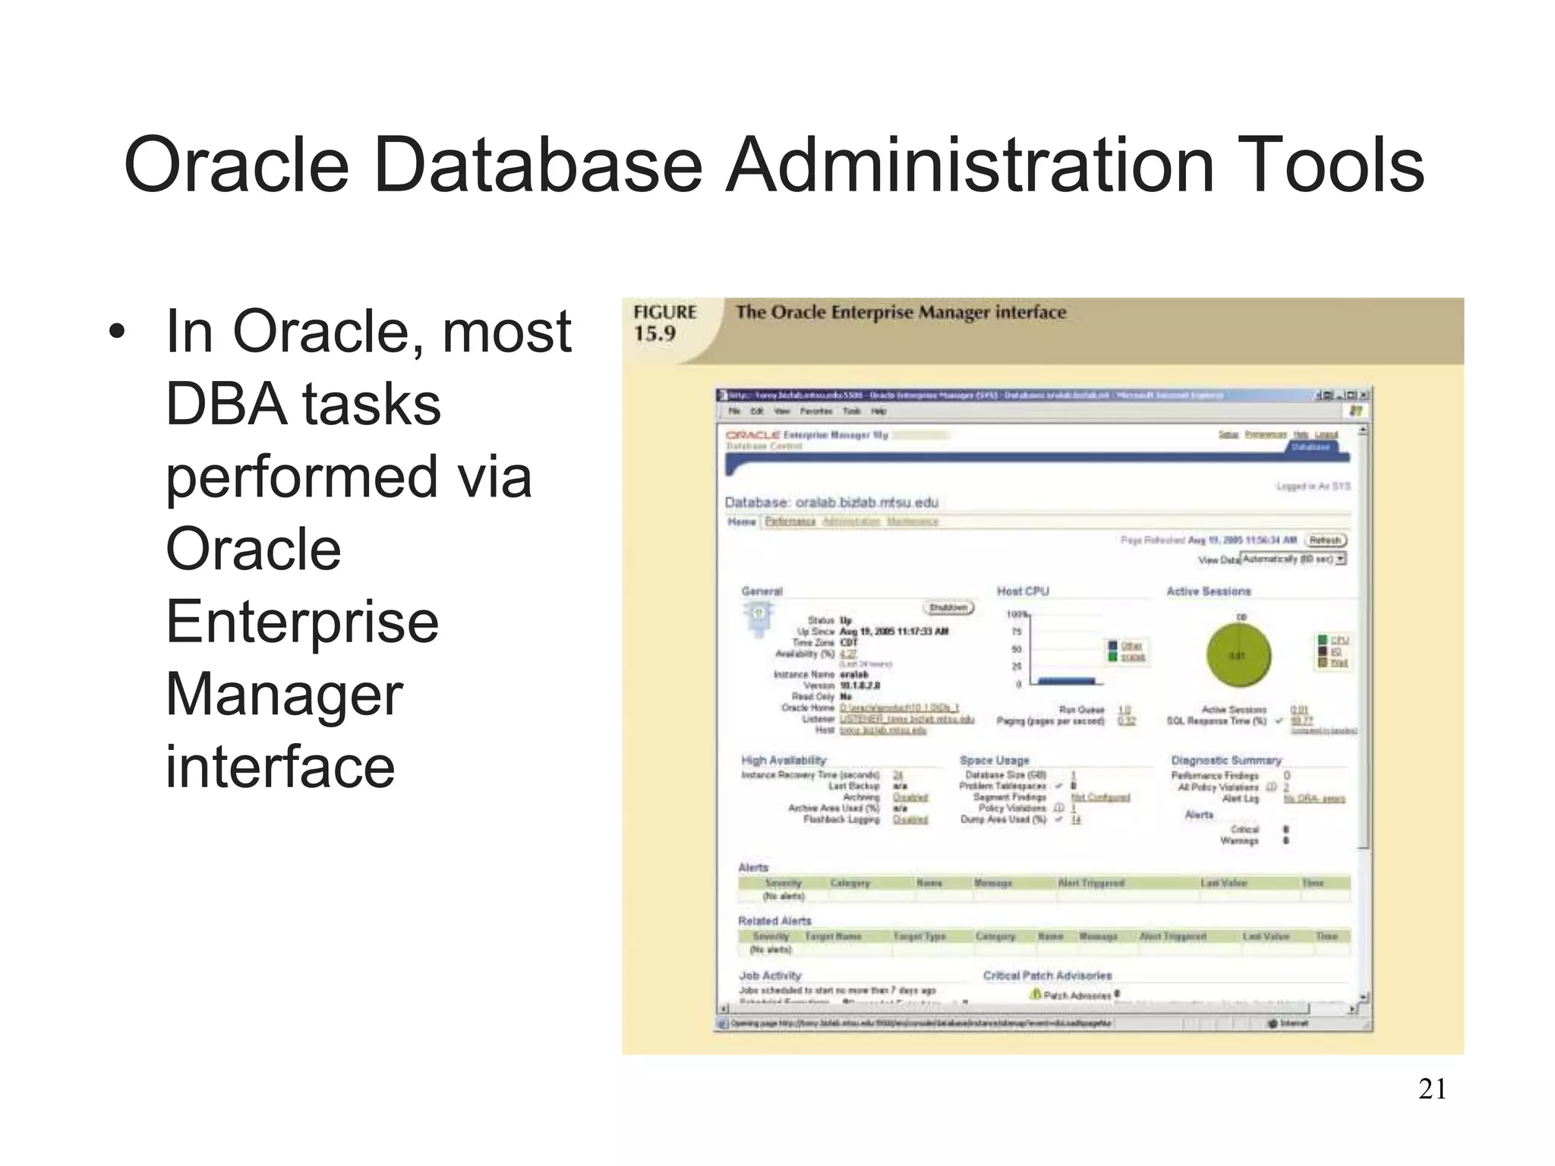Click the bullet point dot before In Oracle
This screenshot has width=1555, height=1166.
[x=115, y=332]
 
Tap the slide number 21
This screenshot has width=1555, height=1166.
[x=1432, y=1089]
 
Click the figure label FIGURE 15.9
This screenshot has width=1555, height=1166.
[x=664, y=323]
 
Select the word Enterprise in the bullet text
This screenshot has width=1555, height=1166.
[x=301, y=622]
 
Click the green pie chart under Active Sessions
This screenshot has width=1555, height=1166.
[x=1238, y=654]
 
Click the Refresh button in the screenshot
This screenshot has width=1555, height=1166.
[x=1325, y=540]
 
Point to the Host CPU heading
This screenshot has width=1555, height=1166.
[x=1022, y=591]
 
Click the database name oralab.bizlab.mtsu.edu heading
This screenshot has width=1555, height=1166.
[x=831, y=503]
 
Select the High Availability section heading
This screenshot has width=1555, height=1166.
[x=783, y=760]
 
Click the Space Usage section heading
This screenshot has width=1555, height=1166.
[x=994, y=760]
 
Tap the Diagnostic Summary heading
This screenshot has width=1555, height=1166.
[x=1225, y=760]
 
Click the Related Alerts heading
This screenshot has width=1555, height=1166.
[x=774, y=921]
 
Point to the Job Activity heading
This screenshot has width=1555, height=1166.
[x=770, y=975]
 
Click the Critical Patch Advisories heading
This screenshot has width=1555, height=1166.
[x=1047, y=975]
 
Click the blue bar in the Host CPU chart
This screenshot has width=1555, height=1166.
[x=1066, y=681]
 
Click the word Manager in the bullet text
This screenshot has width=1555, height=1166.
[x=284, y=694]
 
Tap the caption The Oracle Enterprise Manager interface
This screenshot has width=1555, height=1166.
[x=901, y=312]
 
